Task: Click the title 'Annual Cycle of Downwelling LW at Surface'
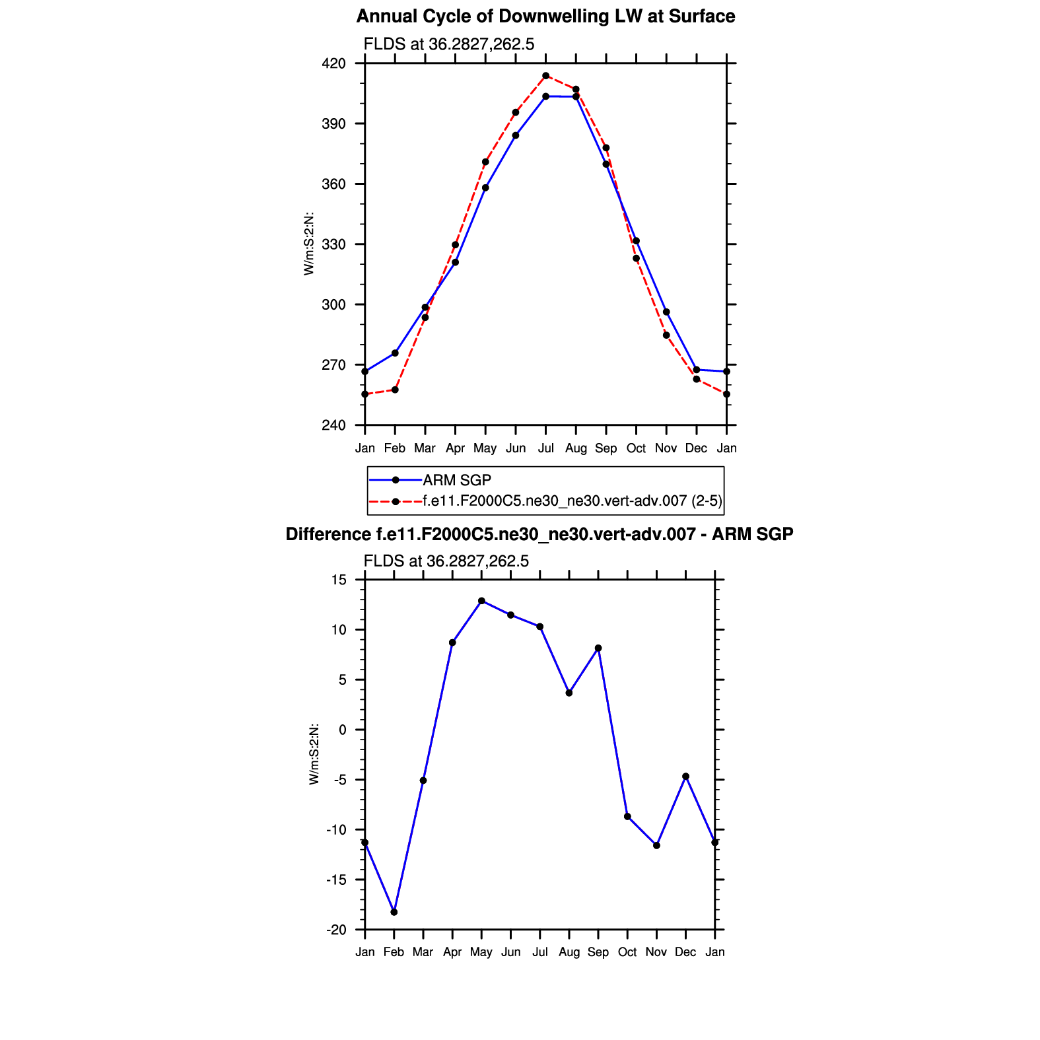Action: pos(545,17)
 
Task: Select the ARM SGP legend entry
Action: pos(457,480)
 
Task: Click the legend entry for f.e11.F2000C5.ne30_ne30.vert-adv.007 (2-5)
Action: pos(572,501)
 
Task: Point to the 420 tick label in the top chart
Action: pos(333,63)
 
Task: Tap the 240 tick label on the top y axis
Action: pos(333,425)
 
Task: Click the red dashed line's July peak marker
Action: pos(545,76)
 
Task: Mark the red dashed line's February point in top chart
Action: pos(395,390)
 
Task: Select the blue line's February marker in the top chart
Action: pos(395,353)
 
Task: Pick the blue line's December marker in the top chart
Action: pos(697,370)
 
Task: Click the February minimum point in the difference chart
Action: pos(394,912)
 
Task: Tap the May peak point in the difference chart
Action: pos(481,601)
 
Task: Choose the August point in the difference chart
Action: pos(569,693)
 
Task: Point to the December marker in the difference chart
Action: pos(686,777)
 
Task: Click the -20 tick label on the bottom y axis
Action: pos(336,930)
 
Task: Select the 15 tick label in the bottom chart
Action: pos(339,580)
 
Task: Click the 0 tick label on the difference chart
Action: pos(342,730)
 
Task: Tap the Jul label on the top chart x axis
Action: pos(545,448)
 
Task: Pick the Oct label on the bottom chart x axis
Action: pos(627,952)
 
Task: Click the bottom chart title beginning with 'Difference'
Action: pos(539,534)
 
